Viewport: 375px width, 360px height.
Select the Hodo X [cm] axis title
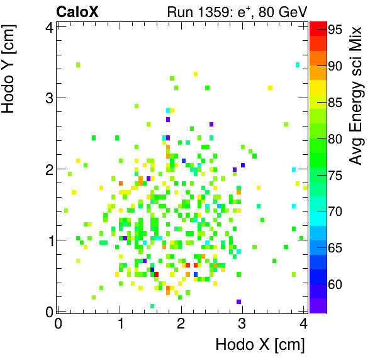coord(260,345)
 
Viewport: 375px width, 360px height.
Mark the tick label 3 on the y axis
coord(47,98)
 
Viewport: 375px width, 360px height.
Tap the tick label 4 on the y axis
coord(47,26)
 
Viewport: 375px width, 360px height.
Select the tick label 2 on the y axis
coord(47,169)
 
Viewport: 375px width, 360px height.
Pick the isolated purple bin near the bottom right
coord(238,302)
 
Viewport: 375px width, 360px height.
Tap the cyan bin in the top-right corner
coord(298,65)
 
